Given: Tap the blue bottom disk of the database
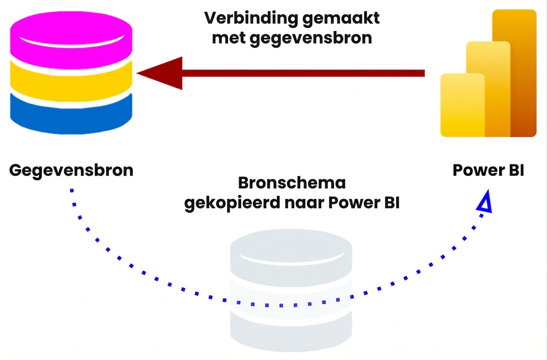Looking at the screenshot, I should coord(71,115).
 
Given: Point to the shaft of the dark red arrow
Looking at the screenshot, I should coord(303,73).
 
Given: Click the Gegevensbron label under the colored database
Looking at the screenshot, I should coord(71,170).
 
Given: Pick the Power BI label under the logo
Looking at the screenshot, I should coord(488,170).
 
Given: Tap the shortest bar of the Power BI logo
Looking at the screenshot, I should coord(462,106).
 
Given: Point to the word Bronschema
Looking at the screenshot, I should coord(292,183).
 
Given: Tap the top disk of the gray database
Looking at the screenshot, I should coord(291,253).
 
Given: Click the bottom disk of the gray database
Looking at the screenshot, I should coord(291,331).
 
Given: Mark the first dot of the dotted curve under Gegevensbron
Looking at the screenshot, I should coord(72,190).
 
